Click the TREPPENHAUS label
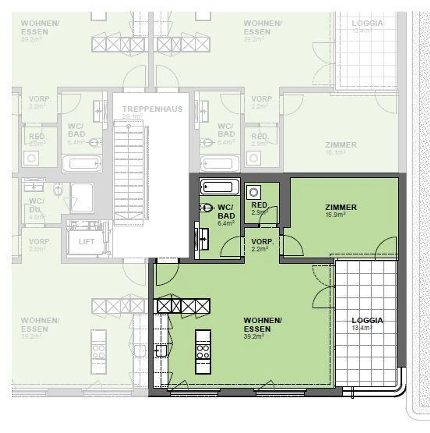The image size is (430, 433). coord(152,109)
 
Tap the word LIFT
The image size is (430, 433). coord(86,242)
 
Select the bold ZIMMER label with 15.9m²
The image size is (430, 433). coord(341,207)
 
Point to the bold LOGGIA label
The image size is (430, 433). coord(367,320)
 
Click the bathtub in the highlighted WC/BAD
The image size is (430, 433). coord(220,187)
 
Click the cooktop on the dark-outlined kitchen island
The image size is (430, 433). coord(203,351)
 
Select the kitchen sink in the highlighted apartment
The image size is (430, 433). coord(161,350)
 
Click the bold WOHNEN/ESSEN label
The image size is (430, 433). coord(262,324)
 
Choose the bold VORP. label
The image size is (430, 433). coord(262,242)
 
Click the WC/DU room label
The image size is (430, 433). coord(36,205)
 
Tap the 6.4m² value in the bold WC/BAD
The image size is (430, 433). coord(226,223)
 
